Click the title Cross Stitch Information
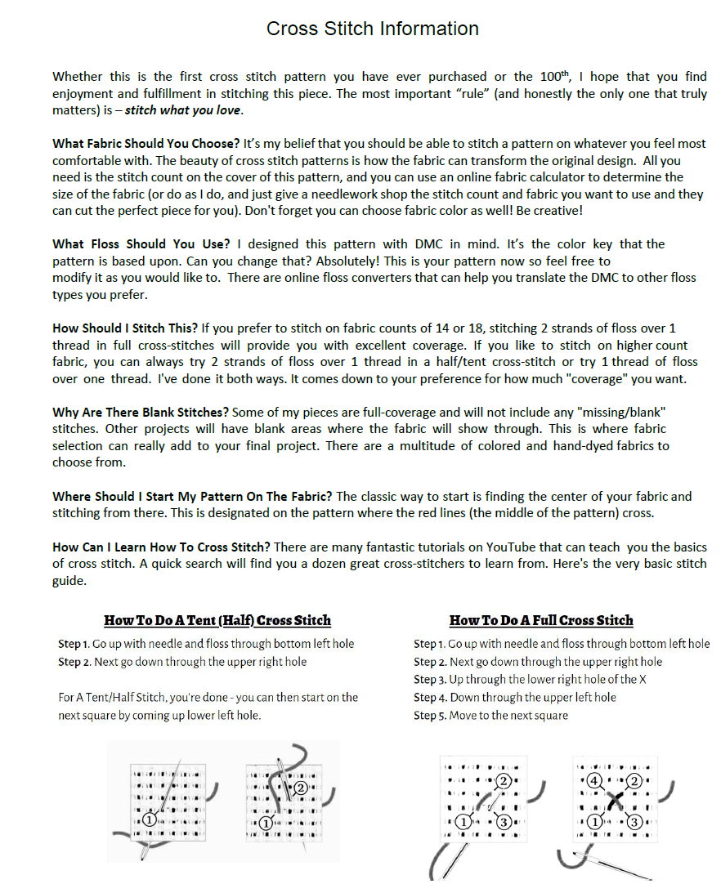(372, 29)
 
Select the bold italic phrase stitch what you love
(196, 110)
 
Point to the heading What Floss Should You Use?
(141, 244)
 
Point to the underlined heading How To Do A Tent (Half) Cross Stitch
(217, 620)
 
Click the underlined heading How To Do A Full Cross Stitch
(541, 620)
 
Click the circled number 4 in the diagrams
(594, 779)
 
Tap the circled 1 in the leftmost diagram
(150, 819)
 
